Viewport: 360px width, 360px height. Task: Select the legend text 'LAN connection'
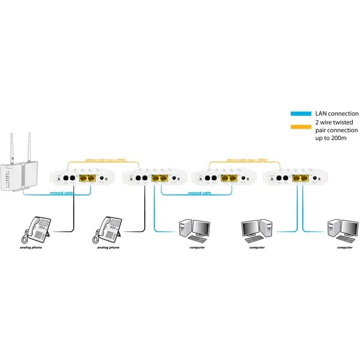tap(336, 113)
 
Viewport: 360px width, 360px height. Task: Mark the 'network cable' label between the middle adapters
tap(199, 192)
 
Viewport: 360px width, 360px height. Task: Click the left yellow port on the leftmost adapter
tap(83, 178)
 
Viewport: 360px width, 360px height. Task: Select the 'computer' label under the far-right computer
tap(345, 248)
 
